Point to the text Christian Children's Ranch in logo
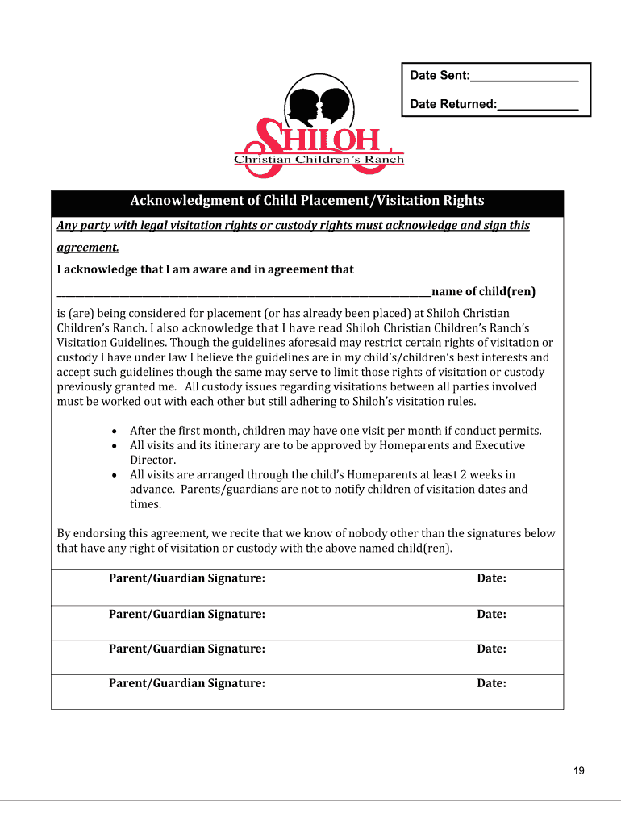click(319, 160)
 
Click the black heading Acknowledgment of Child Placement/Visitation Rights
click(307, 201)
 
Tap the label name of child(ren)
click(483, 291)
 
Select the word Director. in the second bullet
click(152, 460)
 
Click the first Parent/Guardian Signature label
click(187, 578)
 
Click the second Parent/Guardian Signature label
click(187, 614)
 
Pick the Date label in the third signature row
click(491, 649)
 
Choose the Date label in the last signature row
click(491, 683)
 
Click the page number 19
click(579, 771)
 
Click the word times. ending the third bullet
click(146, 504)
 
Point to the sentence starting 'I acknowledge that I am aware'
click(205, 269)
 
